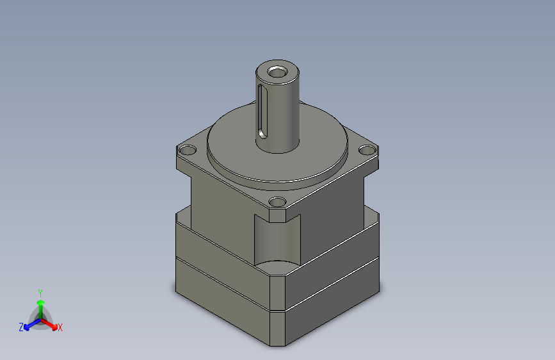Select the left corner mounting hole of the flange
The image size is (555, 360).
click(x=188, y=151)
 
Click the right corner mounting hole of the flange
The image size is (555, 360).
click(x=367, y=150)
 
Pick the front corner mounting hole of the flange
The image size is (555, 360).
click(x=277, y=202)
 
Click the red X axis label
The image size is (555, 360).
click(x=60, y=327)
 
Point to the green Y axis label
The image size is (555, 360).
click(x=40, y=291)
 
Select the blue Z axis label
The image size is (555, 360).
click(x=21, y=327)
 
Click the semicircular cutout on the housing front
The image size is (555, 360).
click(x=277, y=240)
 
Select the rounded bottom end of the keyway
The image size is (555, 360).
click(x=262, y=135)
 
